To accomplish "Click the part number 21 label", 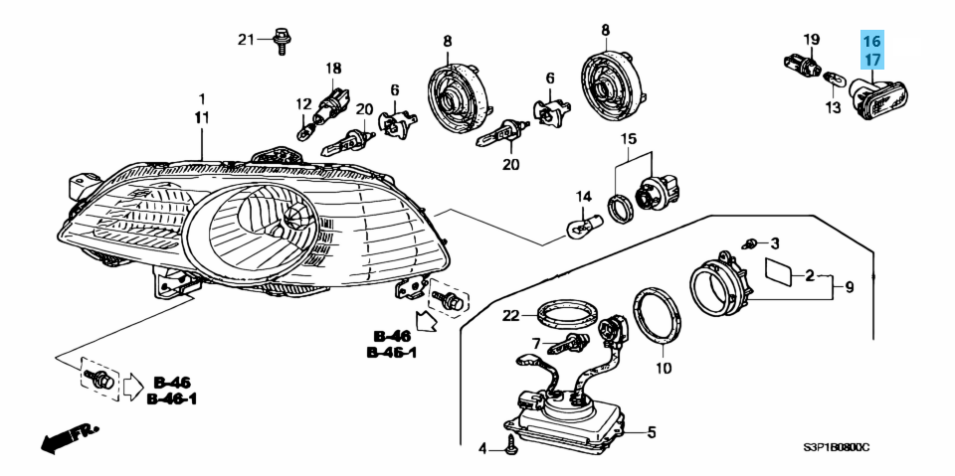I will [x=246, y=40].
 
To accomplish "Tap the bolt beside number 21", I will [x=282, y=40].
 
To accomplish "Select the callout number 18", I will [x=333, y=68].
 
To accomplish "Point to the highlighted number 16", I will [x=871, y=42].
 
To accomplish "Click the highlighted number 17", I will [x=871, y=60].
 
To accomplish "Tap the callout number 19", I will [x=812, y=40].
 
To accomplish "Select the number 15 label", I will [x=629, y=138].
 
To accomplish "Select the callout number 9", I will [x=850, y=287].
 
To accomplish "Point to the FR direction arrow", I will [x=64, y=436].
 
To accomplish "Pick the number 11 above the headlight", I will [x=202, y=118].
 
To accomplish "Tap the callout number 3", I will [x=775, y=243].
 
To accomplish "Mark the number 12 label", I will [x=302, y=102].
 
